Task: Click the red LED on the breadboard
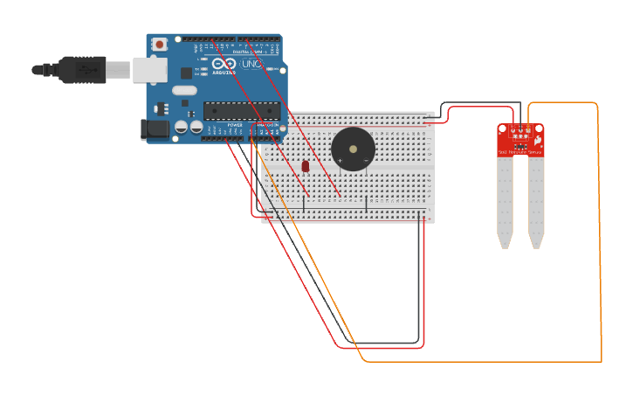[306, 165]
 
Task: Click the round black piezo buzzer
[353, 149]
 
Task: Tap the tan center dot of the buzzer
[353, 149]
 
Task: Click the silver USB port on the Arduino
[149, 70]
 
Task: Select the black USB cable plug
[83, 70]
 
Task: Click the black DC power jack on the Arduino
[155, 129]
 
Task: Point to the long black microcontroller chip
[242, 110]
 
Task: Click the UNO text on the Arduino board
[251, 64]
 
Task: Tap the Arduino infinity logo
[224, 64]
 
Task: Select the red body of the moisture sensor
[520, 140]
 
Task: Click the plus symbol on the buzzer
[340, 161]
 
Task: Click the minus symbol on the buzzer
[366, 161]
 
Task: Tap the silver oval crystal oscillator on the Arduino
[184, 90]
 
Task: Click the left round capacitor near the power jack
[181, 127]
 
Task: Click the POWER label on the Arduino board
[235, 125]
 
